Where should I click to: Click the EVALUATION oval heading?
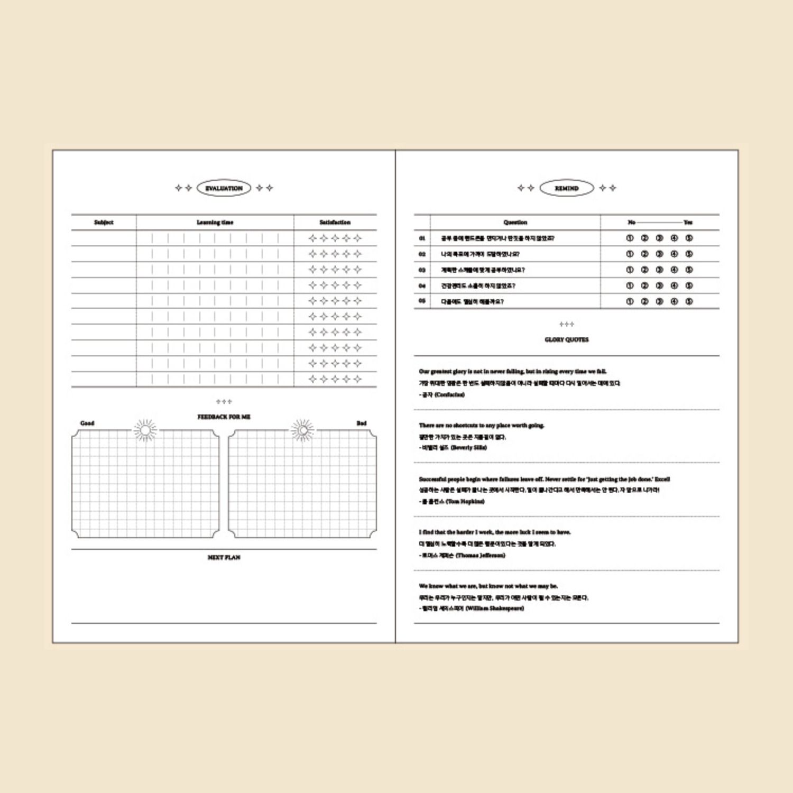pyautogui.click(x=224, y=188)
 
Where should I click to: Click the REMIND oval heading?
pyautogui.click(x=567, y=188)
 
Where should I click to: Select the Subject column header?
pyautogui.click(x=104, y=223)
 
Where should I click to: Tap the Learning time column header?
pyautogui.click(x=215, y=223)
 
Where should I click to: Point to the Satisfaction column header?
pyautogui.click(x=335, y=223)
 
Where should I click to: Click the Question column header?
pyautogui.click(x=515, y=223)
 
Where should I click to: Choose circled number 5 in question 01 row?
pyautogui.click(x=689, y=238)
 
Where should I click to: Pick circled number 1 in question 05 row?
pyautogui.click(x=630, y=302)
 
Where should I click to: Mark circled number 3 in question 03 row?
pyautogui.click(x=659, y=270)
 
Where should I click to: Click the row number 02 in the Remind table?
pyautogui.click(x=422, y=254)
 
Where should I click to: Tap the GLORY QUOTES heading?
pyautogui.click(x=567, y=340)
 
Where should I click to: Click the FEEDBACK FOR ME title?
pyautogui.click(x=224, y=417)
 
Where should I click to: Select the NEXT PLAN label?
pyautogui.click(x=224, y=558)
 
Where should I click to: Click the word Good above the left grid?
pyautogui.click(x=87, y=423)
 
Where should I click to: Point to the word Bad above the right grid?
pyautogui.click(x=362, y=423)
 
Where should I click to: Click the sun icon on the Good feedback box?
pyautogui.click(x=145, y=431)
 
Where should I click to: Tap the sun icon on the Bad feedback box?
pyautogui.click(x=302, y=431)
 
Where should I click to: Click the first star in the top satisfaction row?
pyautogui.click(x=312, y=238)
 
